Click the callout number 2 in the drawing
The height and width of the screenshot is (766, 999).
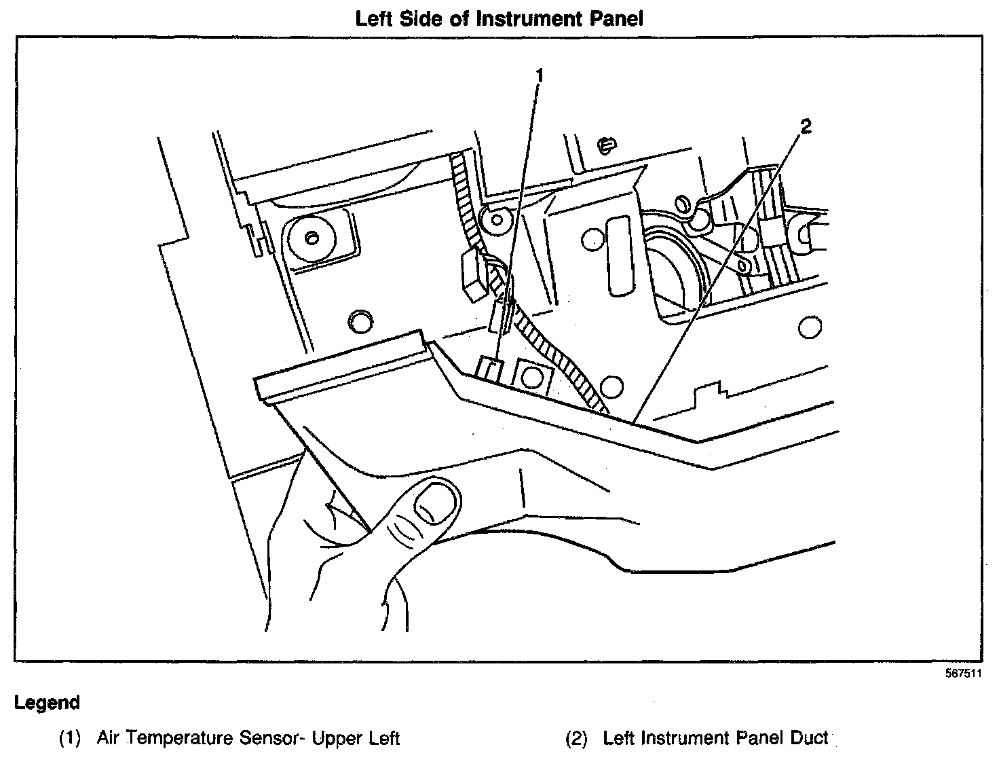(806, 126)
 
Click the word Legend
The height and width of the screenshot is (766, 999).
(47, 703)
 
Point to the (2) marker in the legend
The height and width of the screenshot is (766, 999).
(576, 738)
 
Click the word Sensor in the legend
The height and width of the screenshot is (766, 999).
(269, 738)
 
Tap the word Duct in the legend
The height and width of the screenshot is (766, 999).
(810, 738)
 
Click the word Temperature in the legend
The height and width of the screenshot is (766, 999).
(179, 738)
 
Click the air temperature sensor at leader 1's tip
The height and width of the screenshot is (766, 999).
(489, 369)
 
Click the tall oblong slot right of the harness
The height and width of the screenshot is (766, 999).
(619, 255)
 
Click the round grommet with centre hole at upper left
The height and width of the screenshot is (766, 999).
(311, 238)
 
